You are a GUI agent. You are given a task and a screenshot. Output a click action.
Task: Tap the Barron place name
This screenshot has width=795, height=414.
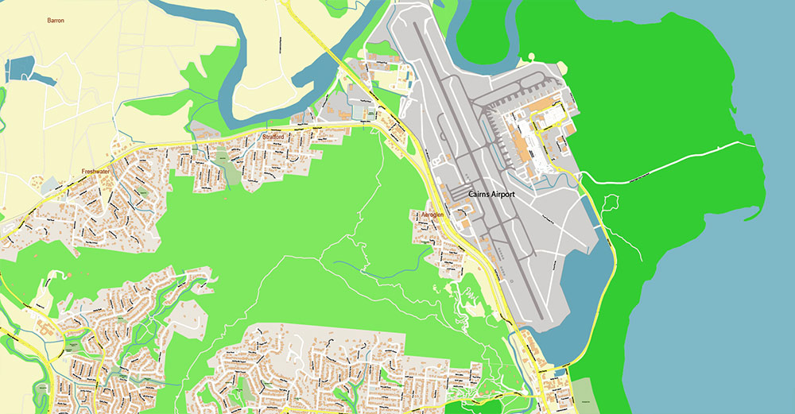(55, 20)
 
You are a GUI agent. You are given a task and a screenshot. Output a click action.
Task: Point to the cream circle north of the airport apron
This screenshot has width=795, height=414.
(531, 56)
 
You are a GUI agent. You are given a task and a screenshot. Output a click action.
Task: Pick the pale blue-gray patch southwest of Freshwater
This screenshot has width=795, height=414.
(50, 185)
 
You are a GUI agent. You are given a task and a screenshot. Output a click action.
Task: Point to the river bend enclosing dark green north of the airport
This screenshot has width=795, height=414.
(477, 32)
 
